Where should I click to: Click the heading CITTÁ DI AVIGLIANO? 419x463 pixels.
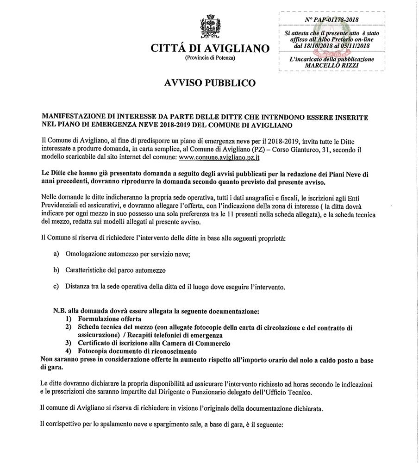click(x=210, y=48)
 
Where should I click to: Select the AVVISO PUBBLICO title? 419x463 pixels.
click(x=209, y=83)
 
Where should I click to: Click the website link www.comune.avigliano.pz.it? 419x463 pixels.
click(x=219, y=158)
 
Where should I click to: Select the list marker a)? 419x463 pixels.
click(x=56, y=254)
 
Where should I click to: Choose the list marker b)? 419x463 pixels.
click(x=56, y=270)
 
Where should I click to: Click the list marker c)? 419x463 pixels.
click(x=56, y=287)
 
